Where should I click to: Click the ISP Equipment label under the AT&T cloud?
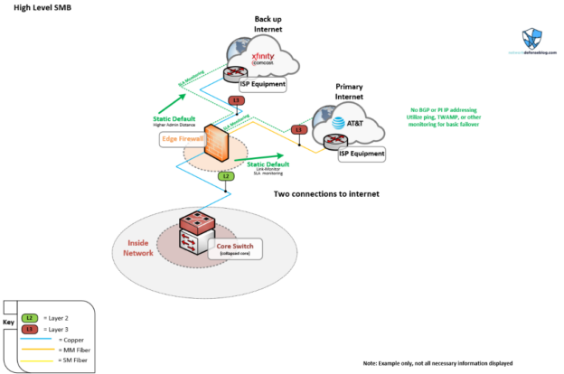pos(361,154)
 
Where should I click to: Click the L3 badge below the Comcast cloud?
pos(237,100)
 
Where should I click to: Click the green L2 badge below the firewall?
pos(226,177)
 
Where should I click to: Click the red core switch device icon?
pos(196,233)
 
